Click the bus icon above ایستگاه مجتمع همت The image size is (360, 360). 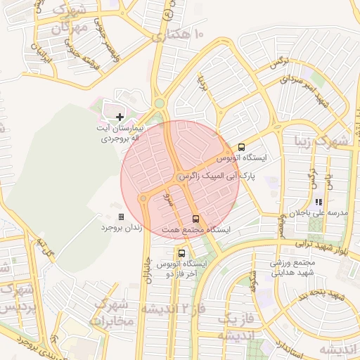(195, 219)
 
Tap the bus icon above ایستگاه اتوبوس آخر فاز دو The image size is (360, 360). (182, 252)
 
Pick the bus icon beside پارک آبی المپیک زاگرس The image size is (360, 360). (241, 148)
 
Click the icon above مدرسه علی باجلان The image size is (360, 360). (319, 202)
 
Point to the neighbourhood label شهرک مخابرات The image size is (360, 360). (112, 313)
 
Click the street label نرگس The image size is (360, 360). (278, 63)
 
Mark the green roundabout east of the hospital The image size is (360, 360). (160, 103)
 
